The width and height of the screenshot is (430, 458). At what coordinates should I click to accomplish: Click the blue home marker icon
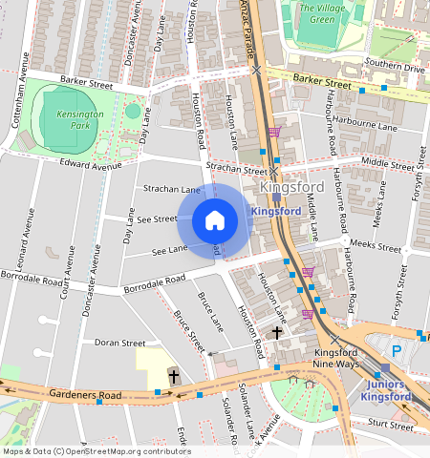pos(215,221)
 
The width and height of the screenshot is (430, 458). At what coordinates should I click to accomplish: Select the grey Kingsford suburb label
pos(291,188)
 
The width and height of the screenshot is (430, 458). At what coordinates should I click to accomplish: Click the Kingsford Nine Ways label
pos(336,358)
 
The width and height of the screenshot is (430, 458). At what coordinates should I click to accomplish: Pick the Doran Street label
pos(120,343)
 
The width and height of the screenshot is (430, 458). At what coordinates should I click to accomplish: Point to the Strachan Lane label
pos(171,191)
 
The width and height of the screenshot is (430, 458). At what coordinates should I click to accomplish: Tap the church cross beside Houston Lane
pos(277,333)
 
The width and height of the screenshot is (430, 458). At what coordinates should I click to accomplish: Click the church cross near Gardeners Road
pos(174,377)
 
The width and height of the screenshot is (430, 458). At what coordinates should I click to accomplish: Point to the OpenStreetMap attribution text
pos(96,451)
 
